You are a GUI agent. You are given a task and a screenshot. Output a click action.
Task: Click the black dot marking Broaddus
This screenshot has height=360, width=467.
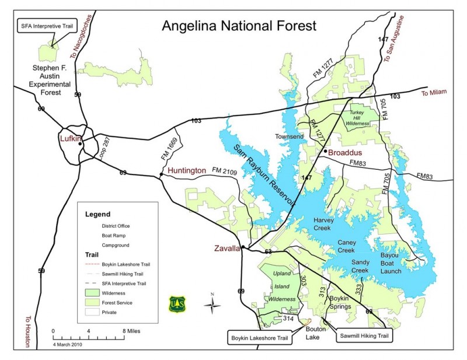tap(325, 152)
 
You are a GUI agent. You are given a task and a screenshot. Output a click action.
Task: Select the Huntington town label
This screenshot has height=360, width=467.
tap(187, 171)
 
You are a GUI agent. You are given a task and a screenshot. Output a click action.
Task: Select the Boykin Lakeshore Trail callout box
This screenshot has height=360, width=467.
tap(259, 337)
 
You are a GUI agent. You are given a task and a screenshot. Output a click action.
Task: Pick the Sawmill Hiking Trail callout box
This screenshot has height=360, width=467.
tap(364, 336)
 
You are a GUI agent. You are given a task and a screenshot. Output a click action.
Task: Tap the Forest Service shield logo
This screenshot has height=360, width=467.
tap(177, 304)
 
